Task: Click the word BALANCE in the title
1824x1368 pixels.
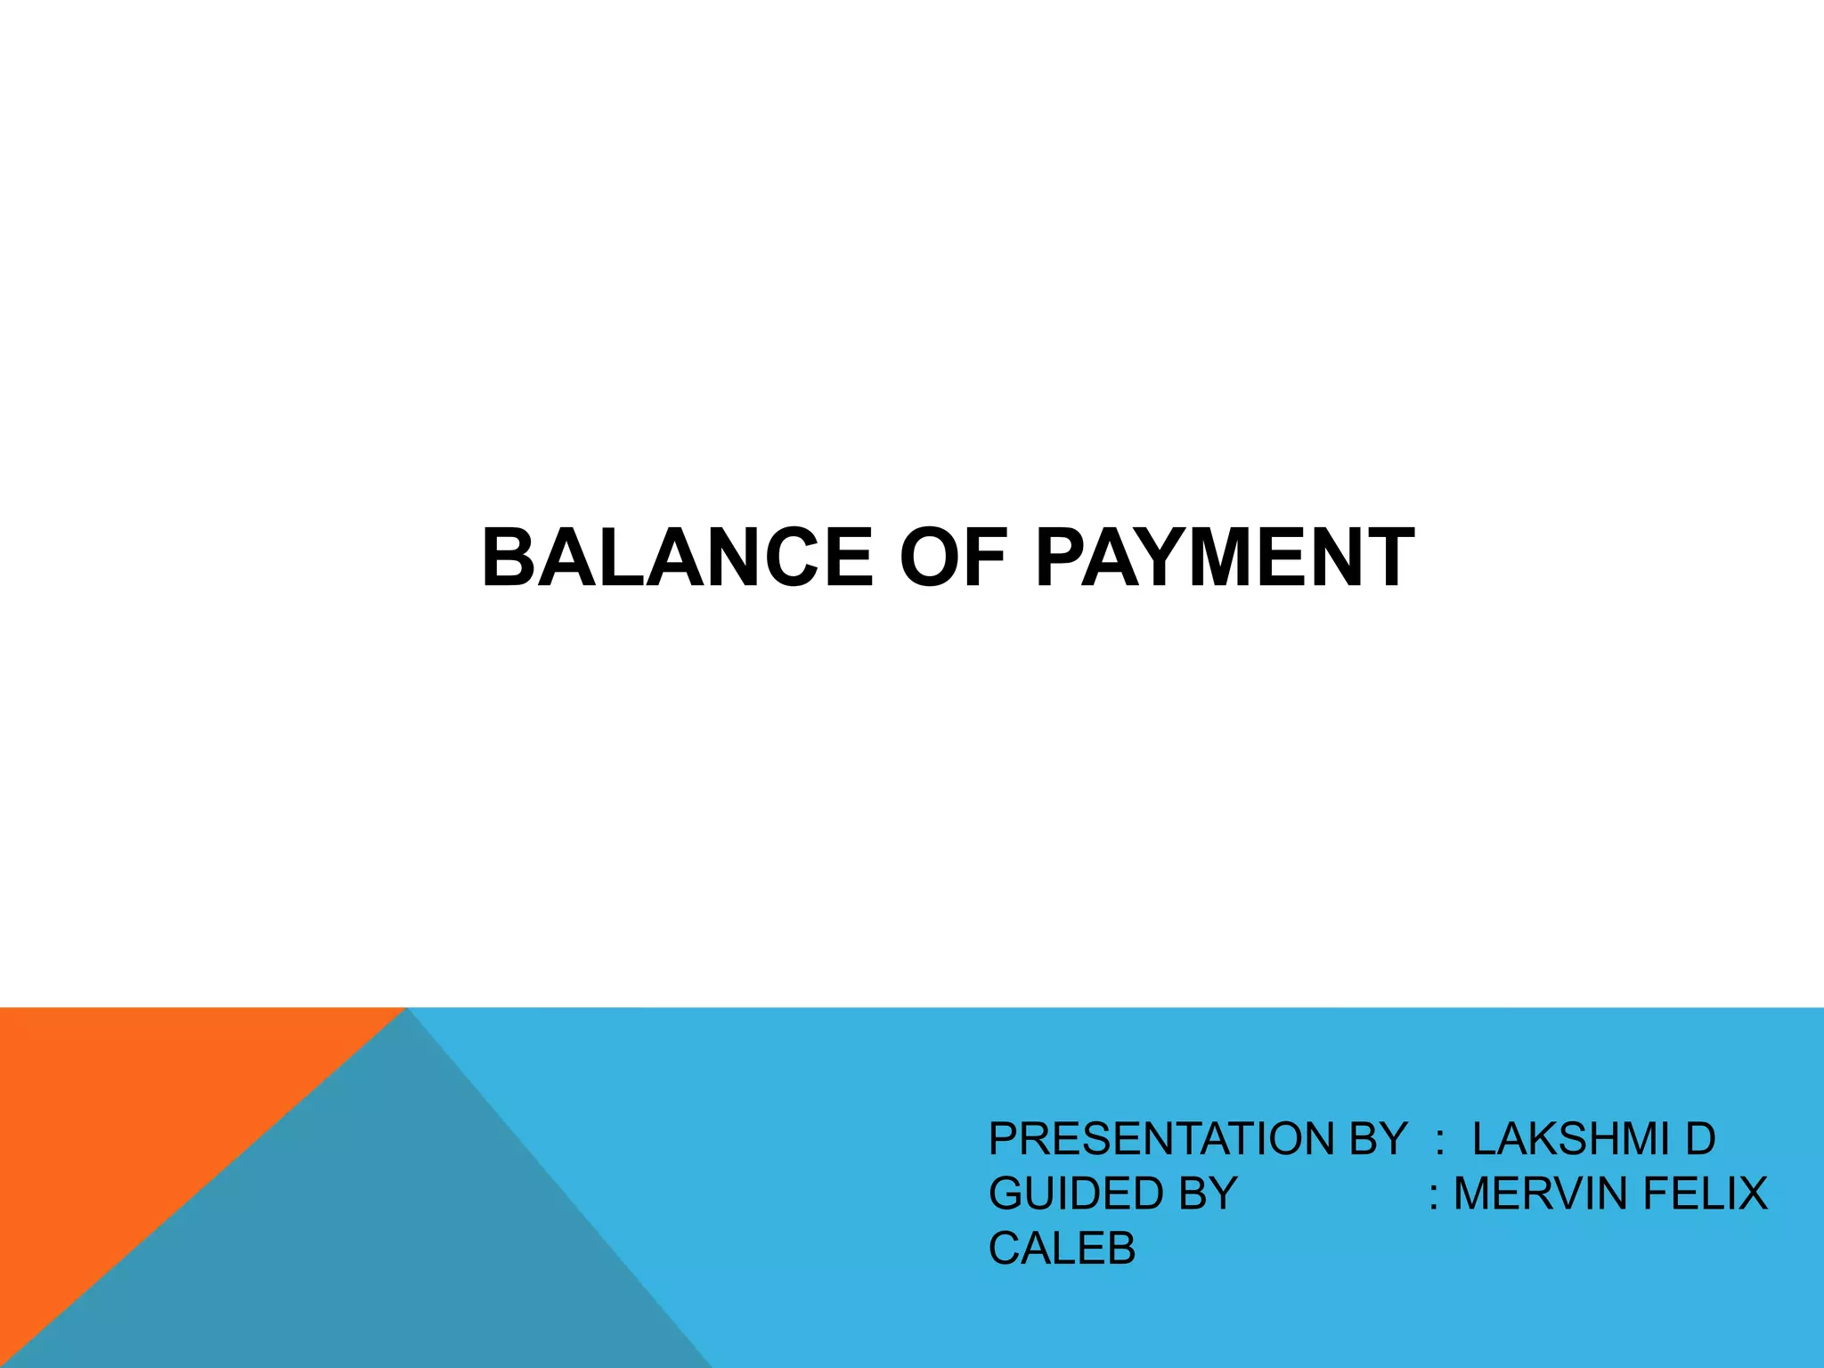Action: [677, 558]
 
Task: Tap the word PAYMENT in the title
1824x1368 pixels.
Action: [1225, 558]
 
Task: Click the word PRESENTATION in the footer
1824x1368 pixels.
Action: [1165, 1139]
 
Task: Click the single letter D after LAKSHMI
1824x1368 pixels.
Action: [1700, 1139]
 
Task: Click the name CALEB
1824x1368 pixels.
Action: [1062, 1249]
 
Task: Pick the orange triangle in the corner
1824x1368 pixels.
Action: [134, 1113]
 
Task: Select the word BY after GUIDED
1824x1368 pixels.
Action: [1208, 1194]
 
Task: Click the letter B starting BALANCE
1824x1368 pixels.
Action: [509, 558]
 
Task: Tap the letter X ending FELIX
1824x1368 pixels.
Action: [1752, 1194]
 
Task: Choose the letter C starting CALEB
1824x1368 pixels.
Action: [1006, 1249]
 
